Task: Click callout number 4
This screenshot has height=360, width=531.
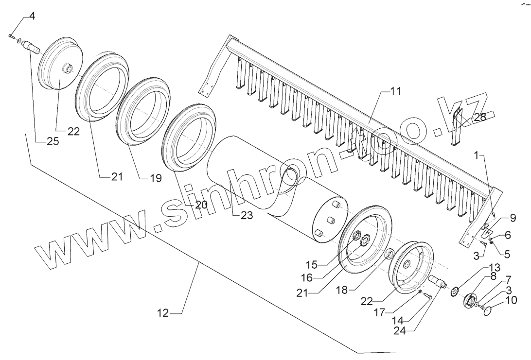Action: pyautogui.click(x=32, y=16)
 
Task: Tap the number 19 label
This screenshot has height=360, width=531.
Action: pyautogui.click(x=155, y=178)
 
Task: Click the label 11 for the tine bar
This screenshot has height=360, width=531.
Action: pyautogui.click(x=395, y=92)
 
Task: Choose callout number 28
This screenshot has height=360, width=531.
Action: pyautogui.click(x=479, y=118)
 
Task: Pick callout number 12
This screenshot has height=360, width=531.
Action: pyautogui.click(x=162, y=314)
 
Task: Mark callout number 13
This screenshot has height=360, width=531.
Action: pyautogui.click(x=494, y=267)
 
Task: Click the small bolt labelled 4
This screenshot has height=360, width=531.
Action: pyautogui.click(x=11, y=35)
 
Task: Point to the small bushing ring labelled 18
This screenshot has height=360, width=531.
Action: pyautogui.click(x=389, y=255)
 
